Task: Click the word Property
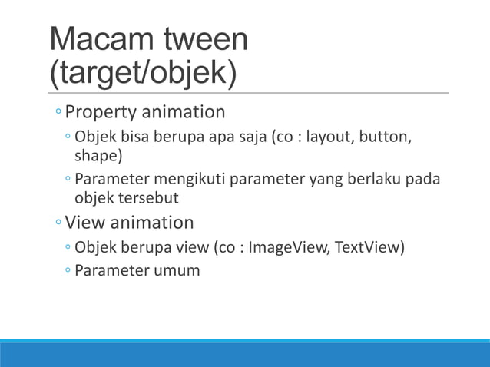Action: pos(100,113)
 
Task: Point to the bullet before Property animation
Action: pos(58,114)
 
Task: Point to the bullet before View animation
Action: pos(58,223)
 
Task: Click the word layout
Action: pos(328,137)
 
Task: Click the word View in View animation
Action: pos(84,223)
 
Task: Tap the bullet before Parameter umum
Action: pos(68,270)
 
